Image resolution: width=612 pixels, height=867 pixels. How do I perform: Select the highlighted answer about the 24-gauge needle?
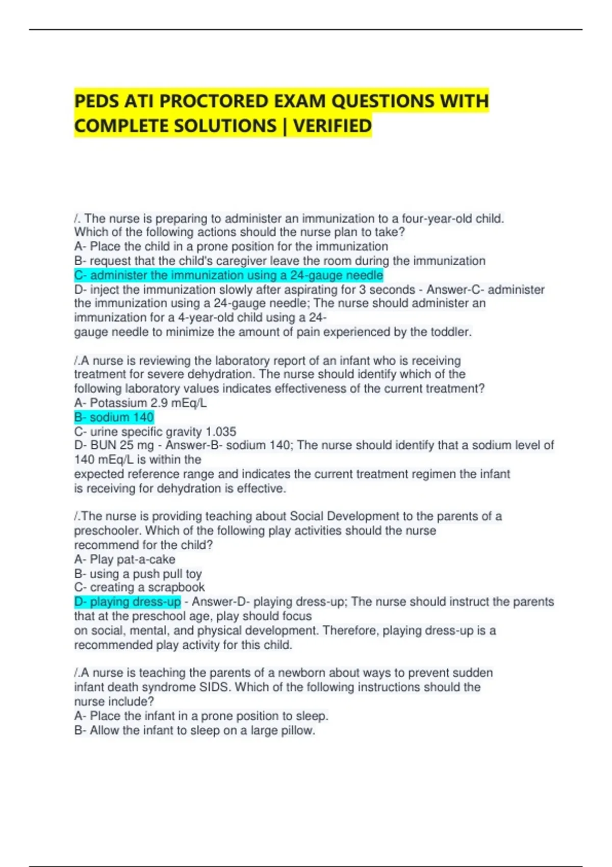pyautogui.click(x=228, y=275)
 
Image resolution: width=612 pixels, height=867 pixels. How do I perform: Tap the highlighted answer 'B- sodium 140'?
pyautogui.click(x=114, y=417)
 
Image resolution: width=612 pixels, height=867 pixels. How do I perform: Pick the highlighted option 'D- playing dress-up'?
pyautogui.click(x=127, y=602)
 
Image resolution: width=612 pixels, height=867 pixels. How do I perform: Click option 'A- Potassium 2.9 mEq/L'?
pyautogui.click(x=140, y=403)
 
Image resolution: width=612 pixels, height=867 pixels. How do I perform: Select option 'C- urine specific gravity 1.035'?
pyautogui.click(x=155, y=431)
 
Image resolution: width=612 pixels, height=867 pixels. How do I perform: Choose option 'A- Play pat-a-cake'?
pyautogui.click(x=124, y=559)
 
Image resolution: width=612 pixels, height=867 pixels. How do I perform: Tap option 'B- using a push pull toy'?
pyautogui.click(x=138, y=574)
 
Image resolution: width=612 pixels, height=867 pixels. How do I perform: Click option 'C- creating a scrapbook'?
pyautogui.click(x=139, y=588)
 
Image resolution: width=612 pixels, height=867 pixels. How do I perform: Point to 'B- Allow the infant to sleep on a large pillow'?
pyautogui.click(x=194, y=730)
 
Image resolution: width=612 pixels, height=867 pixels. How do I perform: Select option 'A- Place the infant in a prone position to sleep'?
pyautogui.click(x=201, y=716)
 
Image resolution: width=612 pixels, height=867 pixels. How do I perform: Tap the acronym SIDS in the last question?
pyautogui.click(x=214, y=687)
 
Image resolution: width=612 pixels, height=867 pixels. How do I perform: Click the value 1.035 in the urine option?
pyautogui.click(x=220, y=431)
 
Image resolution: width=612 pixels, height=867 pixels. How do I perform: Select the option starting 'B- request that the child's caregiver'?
pyautogui.click(x=279, y=261)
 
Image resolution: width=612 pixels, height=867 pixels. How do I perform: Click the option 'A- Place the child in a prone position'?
pyautogui.click(x=231, y=246)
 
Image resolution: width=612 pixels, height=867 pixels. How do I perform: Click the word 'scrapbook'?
pyautogui.click(x=176, y=588)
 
